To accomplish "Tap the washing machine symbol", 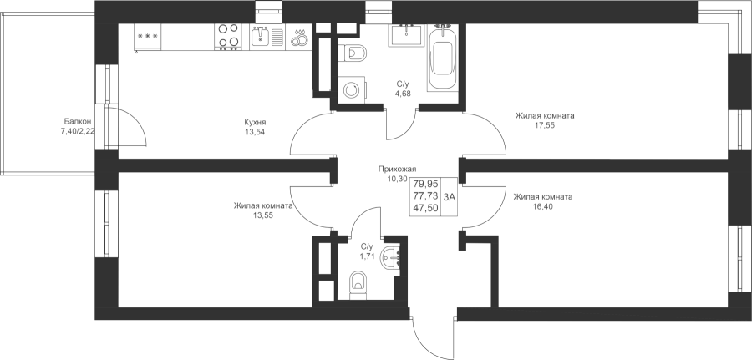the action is [x=353, y=90].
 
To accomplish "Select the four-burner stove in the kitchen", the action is [x=229, y=37].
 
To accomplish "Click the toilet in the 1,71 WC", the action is [x=358, y=285].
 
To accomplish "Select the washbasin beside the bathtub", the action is [x=406, y=35].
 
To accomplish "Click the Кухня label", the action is [x=255, y=122].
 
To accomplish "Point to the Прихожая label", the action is [x=397, y=169].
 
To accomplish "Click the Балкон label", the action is [x=76, y=122].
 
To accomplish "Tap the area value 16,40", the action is [x=542, y=206].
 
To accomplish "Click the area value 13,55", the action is [x=263, y=215].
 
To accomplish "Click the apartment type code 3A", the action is [x=450, y=196].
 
